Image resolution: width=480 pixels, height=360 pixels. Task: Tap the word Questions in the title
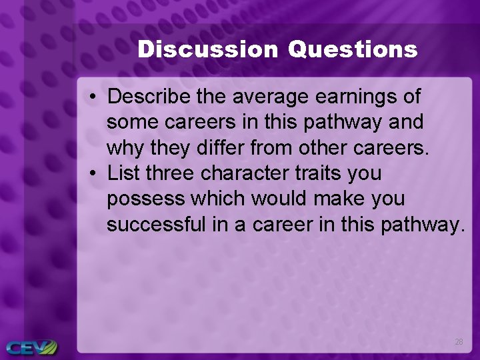point(353,49)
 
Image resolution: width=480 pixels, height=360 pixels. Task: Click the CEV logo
point(31,347)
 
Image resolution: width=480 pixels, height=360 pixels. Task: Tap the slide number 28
point(459,341)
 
